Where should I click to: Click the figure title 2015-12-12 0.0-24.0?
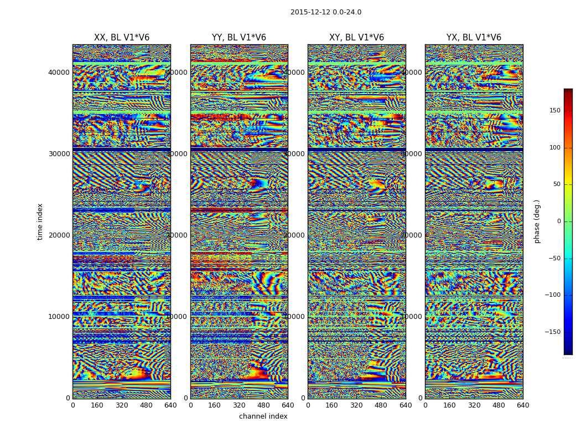pyautogui.click(x=326, y=12)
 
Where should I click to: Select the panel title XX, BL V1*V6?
pyautogui.click(x=122, y=38)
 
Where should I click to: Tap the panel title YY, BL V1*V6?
pyautogui.click(x=239, y=38)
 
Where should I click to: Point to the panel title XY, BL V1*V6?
pyautogui.click(x=356, y=38)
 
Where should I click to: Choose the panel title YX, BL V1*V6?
pyautogui.click(x=474, y=38)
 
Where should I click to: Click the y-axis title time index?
pyautogui.click(x=40, y=221)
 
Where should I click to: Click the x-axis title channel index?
pyautogui.click(x=263, y=416)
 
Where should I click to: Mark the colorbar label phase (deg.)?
pyautogui.click(x=537, y=221)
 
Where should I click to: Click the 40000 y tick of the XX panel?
pyautogui.click(x=59, y=73)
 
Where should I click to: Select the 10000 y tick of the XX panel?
pyautogui.click(x=59, y=317)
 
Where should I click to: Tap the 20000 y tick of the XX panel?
pyautogui.click(x=59, y=235)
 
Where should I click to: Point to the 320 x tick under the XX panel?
pyautogui.click(x=122, y=405)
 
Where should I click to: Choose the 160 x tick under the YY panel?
pyautogui.click(x=215, y=405)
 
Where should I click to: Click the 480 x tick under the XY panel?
pyautogui.click(x=381, y=405)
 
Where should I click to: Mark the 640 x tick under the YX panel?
pyautogui.click(x=523, y=405)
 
